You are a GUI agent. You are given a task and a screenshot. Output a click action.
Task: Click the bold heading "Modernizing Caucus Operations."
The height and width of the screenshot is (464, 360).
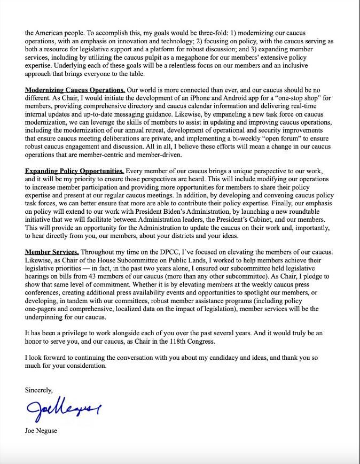75,90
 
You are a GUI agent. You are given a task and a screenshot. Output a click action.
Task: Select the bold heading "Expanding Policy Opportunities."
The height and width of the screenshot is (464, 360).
74,171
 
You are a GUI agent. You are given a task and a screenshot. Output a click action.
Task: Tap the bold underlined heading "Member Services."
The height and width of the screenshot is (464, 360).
52,251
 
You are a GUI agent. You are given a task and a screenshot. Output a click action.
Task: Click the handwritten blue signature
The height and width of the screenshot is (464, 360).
63,412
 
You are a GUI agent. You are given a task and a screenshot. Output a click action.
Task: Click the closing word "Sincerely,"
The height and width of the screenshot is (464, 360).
39,390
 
